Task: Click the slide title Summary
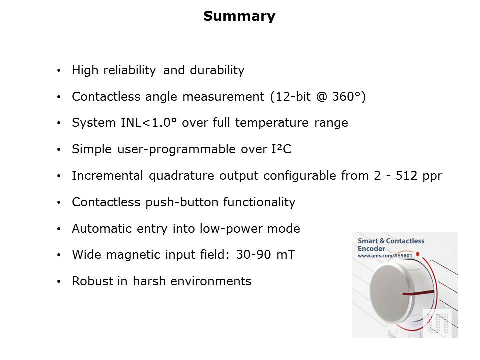point(239,16)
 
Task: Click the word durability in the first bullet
point(217,70)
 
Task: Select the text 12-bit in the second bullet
point(293,96)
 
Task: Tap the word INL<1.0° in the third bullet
point(149,123)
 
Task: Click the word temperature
point(272,123)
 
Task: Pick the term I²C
point(281,149)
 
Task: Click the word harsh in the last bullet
point(149,281)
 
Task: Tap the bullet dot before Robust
point(59,281)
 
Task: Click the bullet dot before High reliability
point(59,70)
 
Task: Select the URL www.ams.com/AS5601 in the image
point(385,256)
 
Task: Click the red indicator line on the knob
point(418,293)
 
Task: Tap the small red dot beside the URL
point(418,254)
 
